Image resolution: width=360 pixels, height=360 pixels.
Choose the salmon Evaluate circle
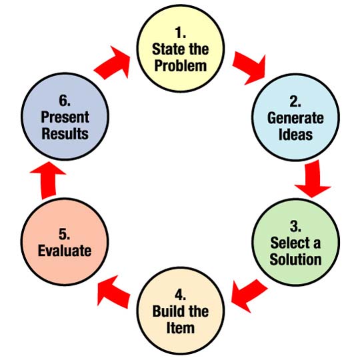[65, 245]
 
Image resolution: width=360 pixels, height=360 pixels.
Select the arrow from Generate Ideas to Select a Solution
[313, 181]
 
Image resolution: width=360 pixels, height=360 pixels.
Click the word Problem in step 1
[179, 66]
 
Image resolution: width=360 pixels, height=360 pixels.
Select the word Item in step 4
[181, 327]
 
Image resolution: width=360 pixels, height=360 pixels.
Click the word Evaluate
[65, 251]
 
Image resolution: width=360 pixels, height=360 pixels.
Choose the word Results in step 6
[65, 134]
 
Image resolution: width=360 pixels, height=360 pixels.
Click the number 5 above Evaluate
[65, 235]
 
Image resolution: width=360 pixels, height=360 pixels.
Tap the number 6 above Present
[65, 100]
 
